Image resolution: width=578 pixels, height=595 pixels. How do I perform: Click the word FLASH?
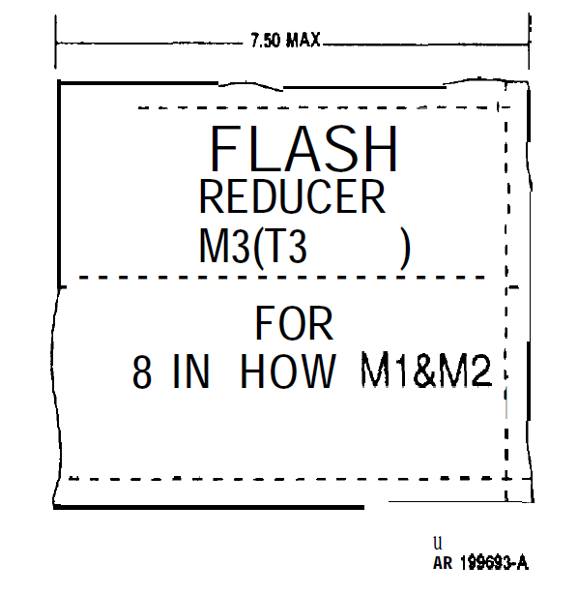[x=303, y=149]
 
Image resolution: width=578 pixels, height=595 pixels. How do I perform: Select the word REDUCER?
[x=292, y=196]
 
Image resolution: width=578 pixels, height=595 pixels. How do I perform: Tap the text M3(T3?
[x=253, y=247]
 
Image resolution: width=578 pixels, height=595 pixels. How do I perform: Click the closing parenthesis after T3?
[x=406, y=249]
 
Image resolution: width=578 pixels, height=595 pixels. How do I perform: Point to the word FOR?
[x=294, y=324]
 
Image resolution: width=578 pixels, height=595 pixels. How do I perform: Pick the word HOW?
[x=288, y=371]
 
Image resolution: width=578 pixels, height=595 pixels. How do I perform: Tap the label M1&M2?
[x=426, y=370]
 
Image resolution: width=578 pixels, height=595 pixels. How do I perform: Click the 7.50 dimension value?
[x=265, y=41]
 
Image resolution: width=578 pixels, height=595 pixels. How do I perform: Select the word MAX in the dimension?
[x=303, y=40]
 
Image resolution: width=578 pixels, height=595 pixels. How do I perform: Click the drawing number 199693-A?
[x=494, y=562]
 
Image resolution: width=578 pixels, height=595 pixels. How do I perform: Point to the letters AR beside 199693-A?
[x=443, y=563]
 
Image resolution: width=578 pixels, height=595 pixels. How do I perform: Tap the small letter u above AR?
[x=438, y=543]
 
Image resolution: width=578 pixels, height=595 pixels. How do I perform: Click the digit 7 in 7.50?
[x=255, y=41]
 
